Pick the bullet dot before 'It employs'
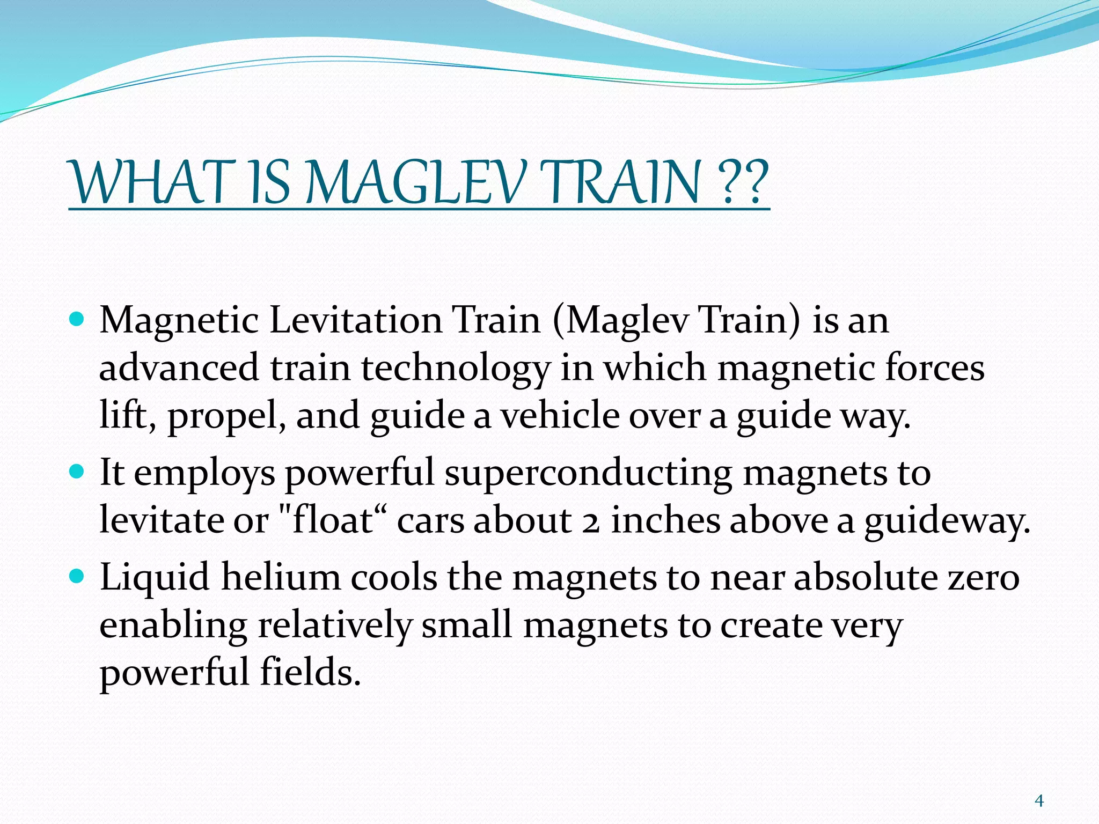click(x=78, y=472)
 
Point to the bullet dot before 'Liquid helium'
click(x=78, y=577)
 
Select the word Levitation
click(x=356, y=320)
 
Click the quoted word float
click(x=331, y=520)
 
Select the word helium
click(x=281, y=578)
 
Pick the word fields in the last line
click(x=310, y=673)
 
